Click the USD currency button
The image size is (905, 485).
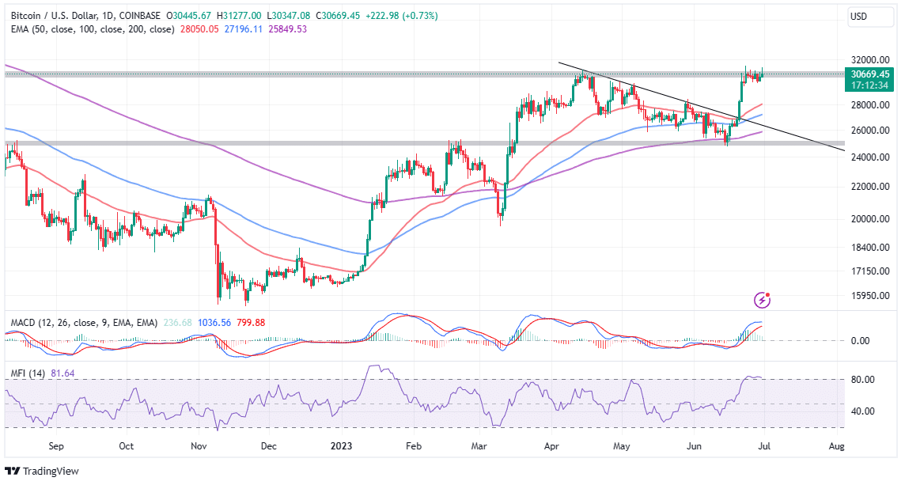click(859, 16)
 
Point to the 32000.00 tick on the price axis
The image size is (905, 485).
click(870, 59)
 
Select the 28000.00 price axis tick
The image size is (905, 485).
click(870, 104)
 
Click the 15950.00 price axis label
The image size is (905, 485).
click(870, 295)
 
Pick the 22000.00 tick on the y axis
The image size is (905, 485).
click(870, 187)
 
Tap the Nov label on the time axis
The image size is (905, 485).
click(199, 445)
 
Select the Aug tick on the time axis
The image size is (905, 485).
click(836, 445)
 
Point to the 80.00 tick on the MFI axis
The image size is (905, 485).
click(862, 380)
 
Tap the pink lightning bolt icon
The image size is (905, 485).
click(762, 300)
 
